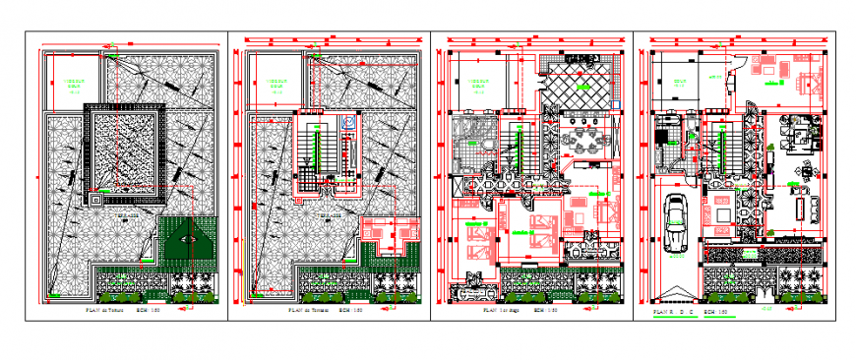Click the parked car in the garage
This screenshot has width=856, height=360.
pyautogui.click(x=675, y=224)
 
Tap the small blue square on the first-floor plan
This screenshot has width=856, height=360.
pyautogui.click(x=615, y=101)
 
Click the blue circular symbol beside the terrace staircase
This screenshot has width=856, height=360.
pyautogui.click(x=347, y=124)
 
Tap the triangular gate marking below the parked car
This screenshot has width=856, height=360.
pyautogui.click(x=674, y=292)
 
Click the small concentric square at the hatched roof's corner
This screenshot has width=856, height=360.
pyautogui.click(x=96, y=198)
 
